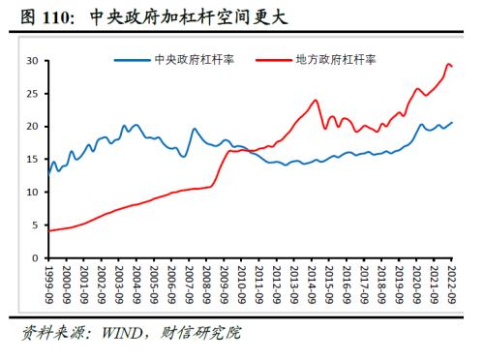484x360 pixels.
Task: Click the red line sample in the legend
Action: tap(273, 59)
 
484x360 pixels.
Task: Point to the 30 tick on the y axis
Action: tap(31, 61)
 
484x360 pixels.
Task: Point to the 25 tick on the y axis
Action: tap(31, 94)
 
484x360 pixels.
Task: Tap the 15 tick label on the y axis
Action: tap(31, 160)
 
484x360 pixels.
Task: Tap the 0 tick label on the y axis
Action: tap(34, 258)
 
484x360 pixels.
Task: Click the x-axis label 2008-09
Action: tap(208, 283)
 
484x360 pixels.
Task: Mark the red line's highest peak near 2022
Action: tap(447, 65)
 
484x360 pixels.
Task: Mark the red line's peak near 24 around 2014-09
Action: tap(316, 100)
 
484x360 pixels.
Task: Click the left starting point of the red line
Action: tap(48, 230)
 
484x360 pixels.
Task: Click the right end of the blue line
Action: tap(452, 123)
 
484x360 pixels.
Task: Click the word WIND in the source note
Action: tap(115, 334)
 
